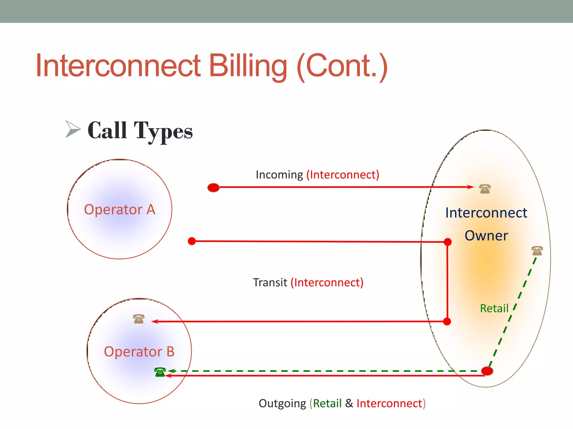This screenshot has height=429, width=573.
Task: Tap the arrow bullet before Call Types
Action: pos(72,129)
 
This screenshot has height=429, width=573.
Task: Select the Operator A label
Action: pos(119,209)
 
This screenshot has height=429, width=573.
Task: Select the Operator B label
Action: pos(139,352)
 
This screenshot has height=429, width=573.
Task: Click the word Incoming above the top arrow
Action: pos(279,175)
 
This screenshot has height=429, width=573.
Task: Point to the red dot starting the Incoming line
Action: pos(213,188)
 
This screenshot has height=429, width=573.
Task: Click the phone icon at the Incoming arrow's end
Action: pos(485,189)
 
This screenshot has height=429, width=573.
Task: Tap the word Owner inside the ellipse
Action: pos(486,236)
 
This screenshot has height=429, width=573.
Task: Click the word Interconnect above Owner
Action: pos(486,213)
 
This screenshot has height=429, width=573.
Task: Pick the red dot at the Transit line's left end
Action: pos(192,241)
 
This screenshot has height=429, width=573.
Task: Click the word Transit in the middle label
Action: pos(270,283)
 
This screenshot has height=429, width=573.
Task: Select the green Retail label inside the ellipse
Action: pos(494,309)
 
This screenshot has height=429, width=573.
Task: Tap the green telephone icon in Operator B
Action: pos(160,372)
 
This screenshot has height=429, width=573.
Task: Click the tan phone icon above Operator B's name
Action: pos(139,319)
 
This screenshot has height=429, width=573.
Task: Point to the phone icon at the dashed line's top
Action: pos(537,251)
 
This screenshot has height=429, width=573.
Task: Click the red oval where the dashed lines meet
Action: pos(487,371)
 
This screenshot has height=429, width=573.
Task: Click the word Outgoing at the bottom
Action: pos(282,404)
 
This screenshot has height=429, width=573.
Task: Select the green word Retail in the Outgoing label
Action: pos(327,404)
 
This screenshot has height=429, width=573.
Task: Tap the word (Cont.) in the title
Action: pos(342,66)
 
